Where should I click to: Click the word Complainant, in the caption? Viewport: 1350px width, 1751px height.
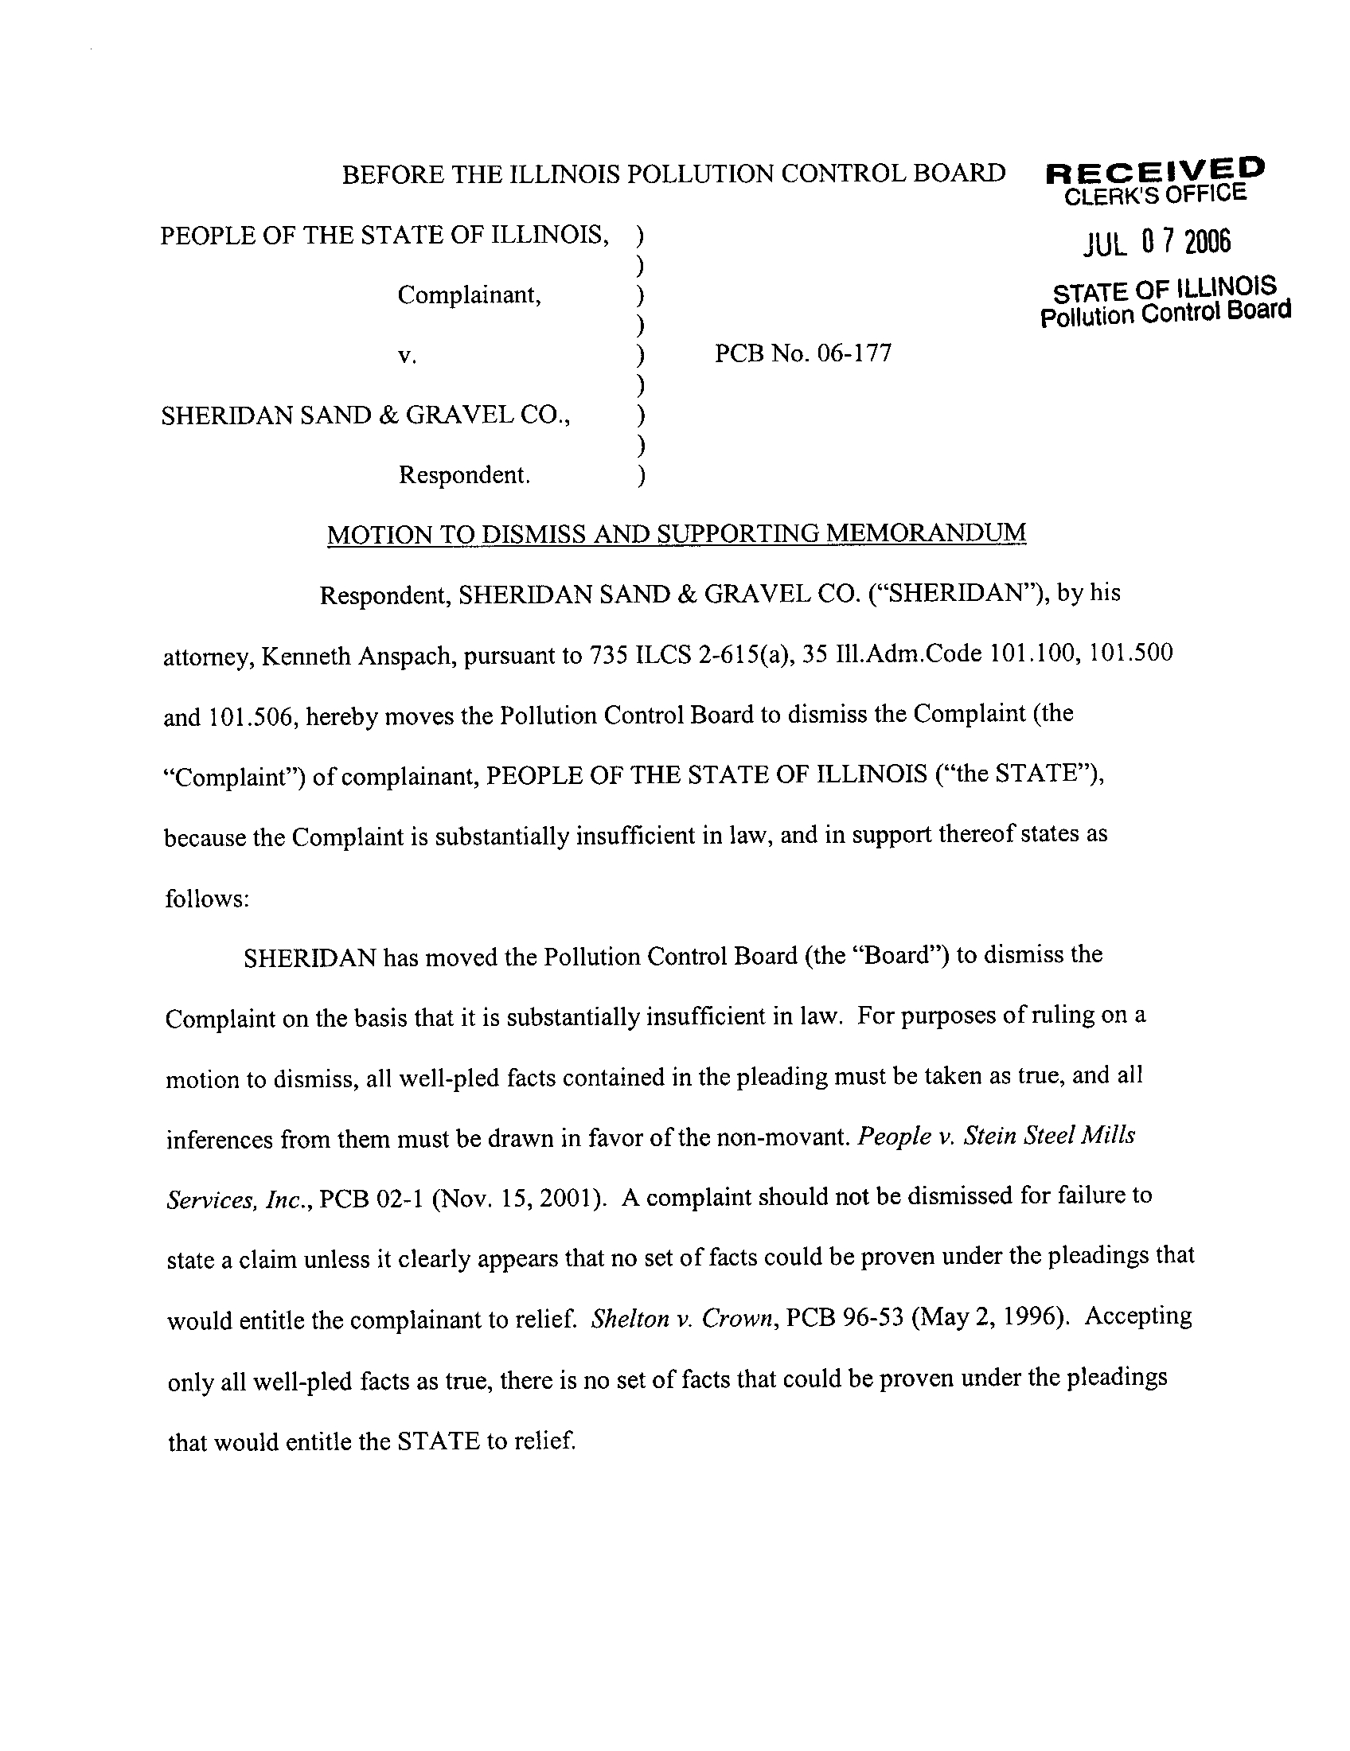(469, 295)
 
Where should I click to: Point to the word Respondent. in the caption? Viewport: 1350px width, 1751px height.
(464, 475)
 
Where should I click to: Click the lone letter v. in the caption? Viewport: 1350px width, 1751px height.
(408, 355)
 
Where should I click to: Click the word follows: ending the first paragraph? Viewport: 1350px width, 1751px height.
(208, 898)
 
